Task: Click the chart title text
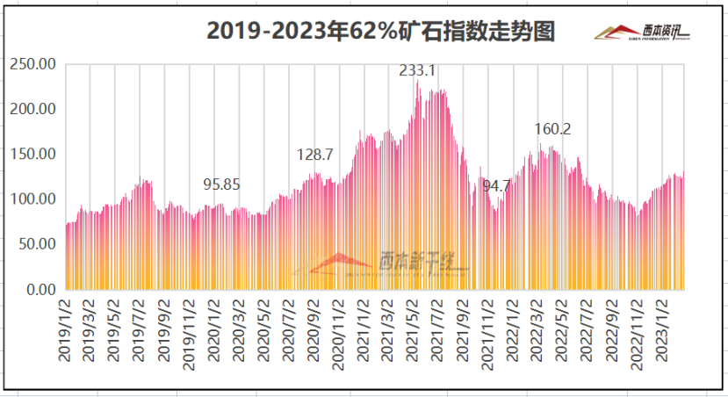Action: (381, 32)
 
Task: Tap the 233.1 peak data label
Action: (418, 71)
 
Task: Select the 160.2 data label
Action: (553, 129)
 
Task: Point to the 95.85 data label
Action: (221, 184)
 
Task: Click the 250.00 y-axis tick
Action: (32, 64)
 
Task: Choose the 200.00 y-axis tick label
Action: (32, 109)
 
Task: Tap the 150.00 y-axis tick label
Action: (32, 154)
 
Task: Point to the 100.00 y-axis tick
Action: (32, 198)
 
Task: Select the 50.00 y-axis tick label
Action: (36, 243)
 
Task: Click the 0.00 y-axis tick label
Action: (40, 289)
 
